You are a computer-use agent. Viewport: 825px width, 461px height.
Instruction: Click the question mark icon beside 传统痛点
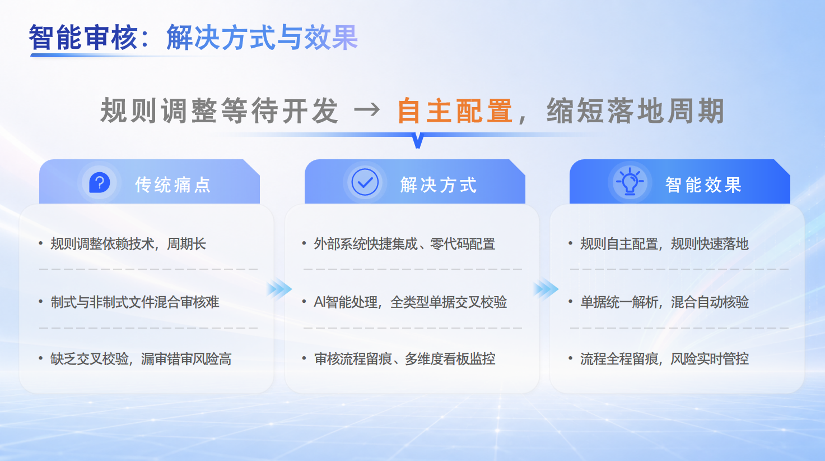pyautogui.click(x=100, y=182)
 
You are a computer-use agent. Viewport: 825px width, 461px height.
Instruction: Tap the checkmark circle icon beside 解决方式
pyautogui.click(x=365, y=182)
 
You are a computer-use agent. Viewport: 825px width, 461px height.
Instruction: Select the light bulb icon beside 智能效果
pyautogui.click(x=630, y=181)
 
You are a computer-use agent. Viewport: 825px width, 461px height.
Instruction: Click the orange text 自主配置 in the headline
pyautogui.click(x=455, y=111)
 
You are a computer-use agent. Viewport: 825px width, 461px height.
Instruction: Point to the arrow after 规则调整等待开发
pyautogui.click(x=367, y=109)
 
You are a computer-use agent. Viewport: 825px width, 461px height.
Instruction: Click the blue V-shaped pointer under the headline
pyautogui.click(x=418, y=141)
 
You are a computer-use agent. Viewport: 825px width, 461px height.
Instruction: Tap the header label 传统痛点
pyautogui.click(x=173, y=185)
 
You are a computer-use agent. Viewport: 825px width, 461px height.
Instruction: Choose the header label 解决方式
pyautogui.click(x=439, y=185)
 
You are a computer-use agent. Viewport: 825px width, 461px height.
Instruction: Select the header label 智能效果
pyautogui.click(x=703, y=185)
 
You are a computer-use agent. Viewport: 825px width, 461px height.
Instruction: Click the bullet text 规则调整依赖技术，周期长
pyautogui.click(x=128, y=244)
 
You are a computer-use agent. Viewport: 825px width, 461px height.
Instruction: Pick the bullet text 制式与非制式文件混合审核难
pyautogui.click(x=135, y=302)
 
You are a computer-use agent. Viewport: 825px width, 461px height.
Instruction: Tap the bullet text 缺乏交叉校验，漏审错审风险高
pyautogui.click(x=141, y=359)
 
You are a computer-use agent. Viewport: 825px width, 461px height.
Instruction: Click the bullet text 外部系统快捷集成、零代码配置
pyautogui.click(x=404, y=244)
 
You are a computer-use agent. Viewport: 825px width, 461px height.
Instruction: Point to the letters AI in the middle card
pyautogui.click(x=319, y=302)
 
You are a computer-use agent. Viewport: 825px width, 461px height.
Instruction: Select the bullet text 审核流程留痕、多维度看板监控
pyautogui.click(x=404, y=359)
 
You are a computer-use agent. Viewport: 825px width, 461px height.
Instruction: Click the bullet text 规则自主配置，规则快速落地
pyautogui.click(x=664, y=244)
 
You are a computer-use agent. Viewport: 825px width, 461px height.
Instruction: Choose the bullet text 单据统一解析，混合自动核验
pyautogui.click(x=664, y=302)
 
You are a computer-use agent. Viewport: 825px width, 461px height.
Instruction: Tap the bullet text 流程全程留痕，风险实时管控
pyautogui.click(x=664, y=359)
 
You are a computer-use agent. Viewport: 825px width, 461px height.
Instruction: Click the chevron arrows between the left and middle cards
pyautogui.click(x=279, y=289)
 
